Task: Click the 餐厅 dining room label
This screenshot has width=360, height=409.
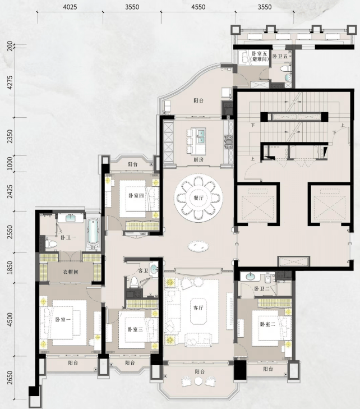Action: pos(199,198)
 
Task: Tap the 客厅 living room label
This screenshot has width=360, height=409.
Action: pos(199,308)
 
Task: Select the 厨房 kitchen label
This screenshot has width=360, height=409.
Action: pos(199,160)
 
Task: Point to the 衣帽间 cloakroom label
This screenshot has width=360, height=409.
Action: pos(71,272)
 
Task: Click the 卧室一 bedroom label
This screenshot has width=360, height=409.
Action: pos(63,320)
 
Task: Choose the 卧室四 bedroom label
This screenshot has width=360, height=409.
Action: pos(136,195)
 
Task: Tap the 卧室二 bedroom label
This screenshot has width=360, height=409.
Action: pos(267,324)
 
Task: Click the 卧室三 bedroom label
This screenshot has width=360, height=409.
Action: pos(135,329)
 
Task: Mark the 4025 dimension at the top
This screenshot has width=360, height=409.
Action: pos(70,7)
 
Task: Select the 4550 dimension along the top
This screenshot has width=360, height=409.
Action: pos(198,7)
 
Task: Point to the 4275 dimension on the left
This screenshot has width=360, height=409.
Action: pos(10,82)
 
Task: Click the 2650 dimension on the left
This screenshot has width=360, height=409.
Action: pos(10,378)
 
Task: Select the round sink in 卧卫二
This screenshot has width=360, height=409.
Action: pos(251,276)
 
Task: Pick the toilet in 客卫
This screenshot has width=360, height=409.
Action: pos(134,282)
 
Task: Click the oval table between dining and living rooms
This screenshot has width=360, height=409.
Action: pos(199,246)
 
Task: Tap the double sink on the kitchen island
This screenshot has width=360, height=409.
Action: pos(201,136)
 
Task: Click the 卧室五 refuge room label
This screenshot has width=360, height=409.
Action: pos(260,56)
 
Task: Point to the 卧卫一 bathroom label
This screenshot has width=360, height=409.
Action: pos(68,238)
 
